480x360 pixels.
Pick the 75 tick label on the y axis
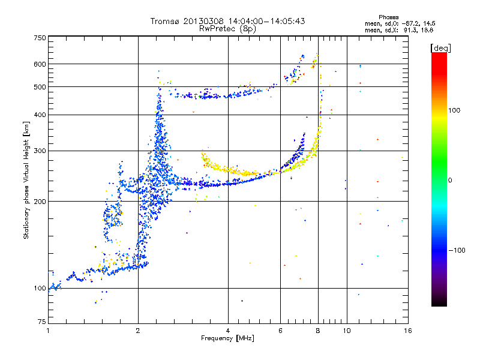pos(41,322)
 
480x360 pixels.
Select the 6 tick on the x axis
pos(280,330)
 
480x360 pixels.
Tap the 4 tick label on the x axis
pos(228,330)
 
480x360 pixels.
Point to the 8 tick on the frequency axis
pos(318,330)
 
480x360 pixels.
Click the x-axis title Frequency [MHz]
pos(227,338)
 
